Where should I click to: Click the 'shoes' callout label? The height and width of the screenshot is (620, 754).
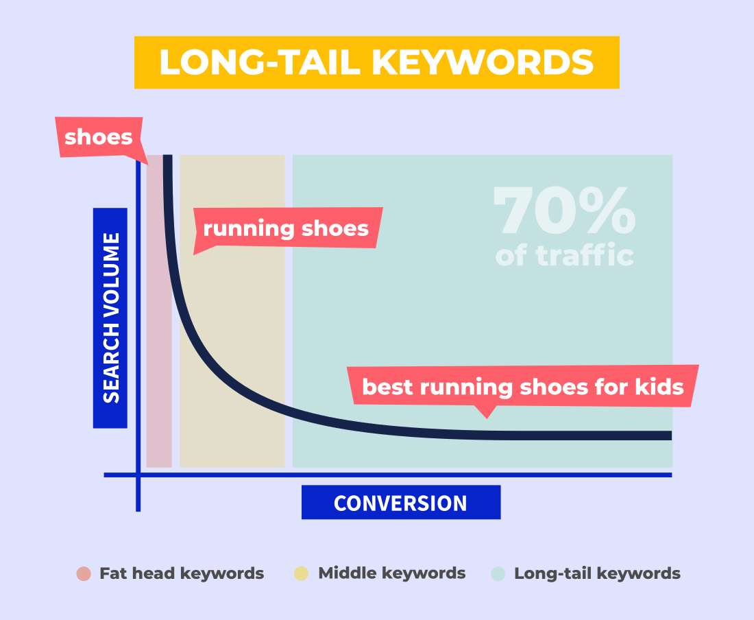pos(99,137)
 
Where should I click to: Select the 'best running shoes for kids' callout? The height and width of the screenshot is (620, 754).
pos(523,387)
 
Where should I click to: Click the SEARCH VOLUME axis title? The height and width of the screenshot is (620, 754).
pos(110,318)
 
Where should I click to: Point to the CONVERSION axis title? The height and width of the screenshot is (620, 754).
pos(401,503)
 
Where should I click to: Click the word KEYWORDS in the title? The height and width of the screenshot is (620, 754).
pos(483,62)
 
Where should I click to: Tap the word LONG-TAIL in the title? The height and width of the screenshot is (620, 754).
pos(260,62)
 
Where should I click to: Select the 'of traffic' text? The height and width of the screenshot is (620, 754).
pos(565,255)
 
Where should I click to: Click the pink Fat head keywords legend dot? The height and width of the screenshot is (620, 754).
pos(84,573)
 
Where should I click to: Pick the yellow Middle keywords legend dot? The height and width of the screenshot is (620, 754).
pos(301,573)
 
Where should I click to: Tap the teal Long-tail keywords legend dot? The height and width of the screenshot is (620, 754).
pos(498,573)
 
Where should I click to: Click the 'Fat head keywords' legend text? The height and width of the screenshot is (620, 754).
pos(182,573)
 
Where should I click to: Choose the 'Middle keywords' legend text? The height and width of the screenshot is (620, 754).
pos(392,573)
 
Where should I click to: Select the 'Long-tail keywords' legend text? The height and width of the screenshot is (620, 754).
pos(597,573)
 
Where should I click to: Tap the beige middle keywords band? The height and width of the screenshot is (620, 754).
pos(232,311)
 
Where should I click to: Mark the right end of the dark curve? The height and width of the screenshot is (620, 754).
pos(671,436)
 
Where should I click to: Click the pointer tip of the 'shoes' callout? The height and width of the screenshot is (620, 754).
pos(147,164)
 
